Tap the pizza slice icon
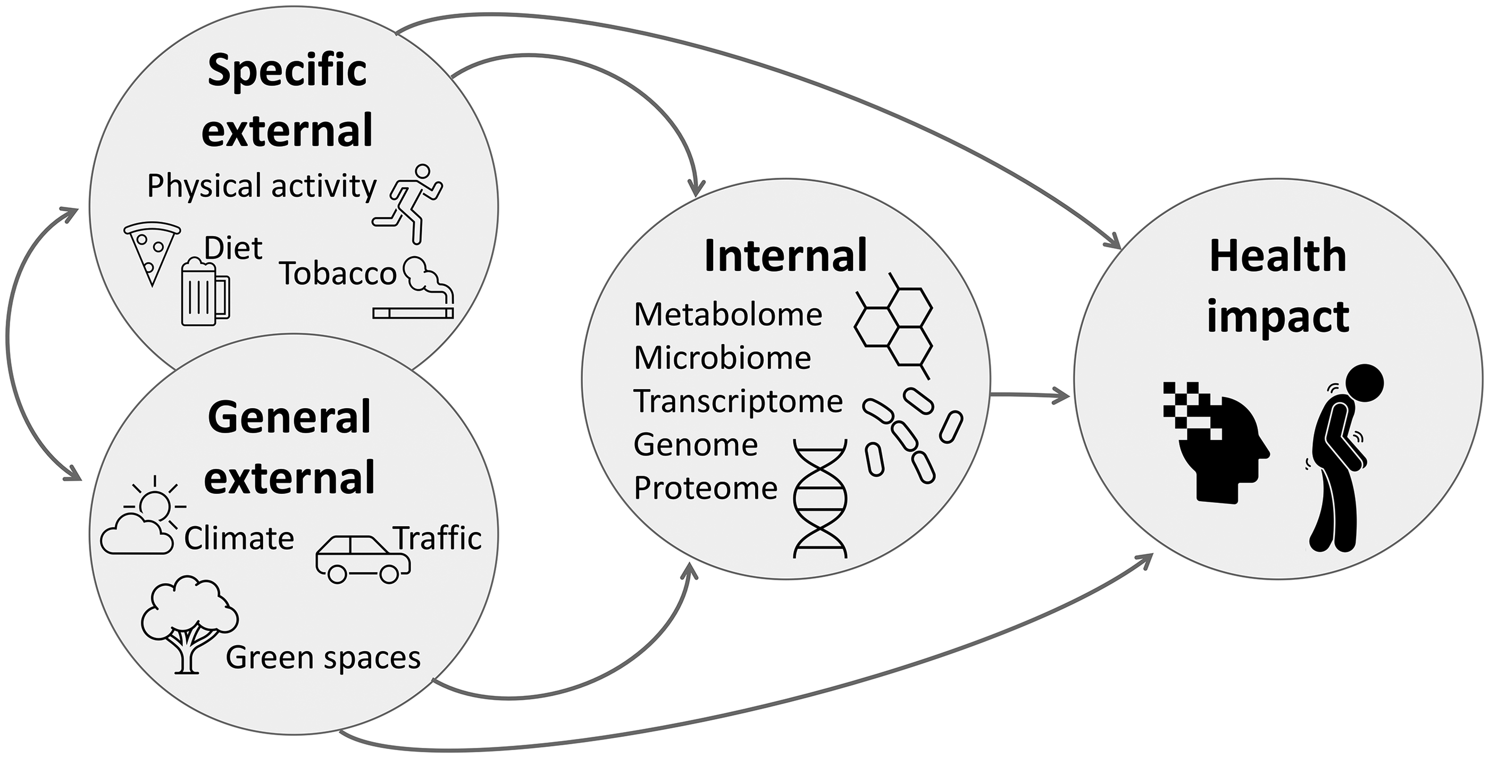[152, 251]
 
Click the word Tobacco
[338, 274]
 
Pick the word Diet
[233, 249]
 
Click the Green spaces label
[323, 658]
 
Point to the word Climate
[239, 538]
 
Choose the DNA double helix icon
[820, 498]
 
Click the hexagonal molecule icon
[893, 326]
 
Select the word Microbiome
[723, 358]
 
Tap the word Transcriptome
[738, 401]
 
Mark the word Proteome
[706, 488]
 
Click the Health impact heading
[1278, 286]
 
